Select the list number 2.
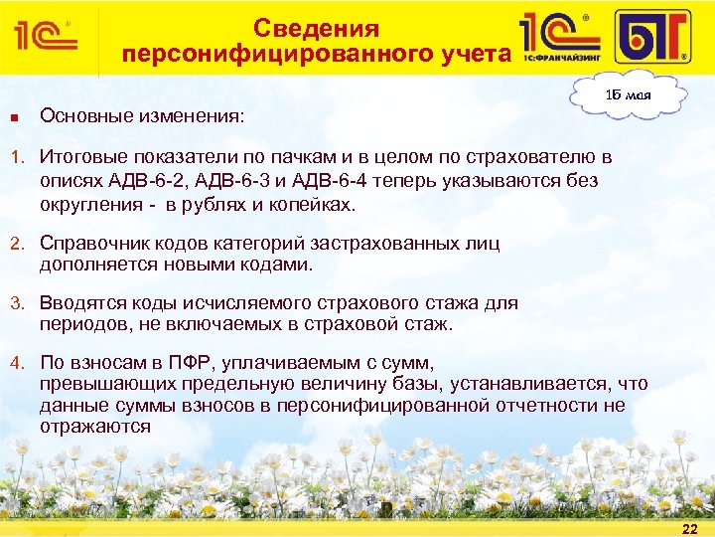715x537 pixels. [15, 242]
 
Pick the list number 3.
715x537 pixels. [15, 302]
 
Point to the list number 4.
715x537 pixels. [15, 362]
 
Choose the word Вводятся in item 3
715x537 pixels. [80, 302]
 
